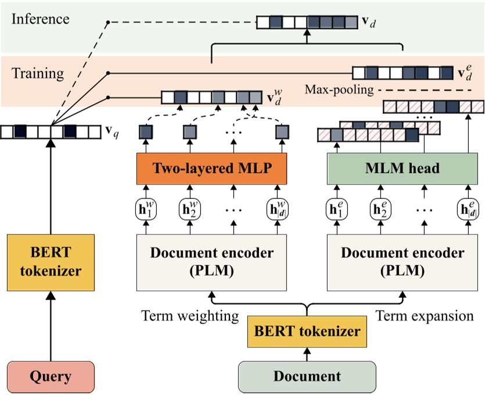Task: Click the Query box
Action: (x=51, y=376)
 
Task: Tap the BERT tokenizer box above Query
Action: (x=51, y=262)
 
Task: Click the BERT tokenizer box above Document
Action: (x=308, y=331)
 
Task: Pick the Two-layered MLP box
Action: (x=211, y=169)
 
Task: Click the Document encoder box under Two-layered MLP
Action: (x=211, y=262)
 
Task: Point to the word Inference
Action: (x=40, y=19)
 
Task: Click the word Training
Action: (x=38, y=73)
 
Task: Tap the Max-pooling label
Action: (x=339, y=90)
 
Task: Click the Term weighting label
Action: (x=190, y=316)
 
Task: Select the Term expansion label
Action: (x=425, y=316)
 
